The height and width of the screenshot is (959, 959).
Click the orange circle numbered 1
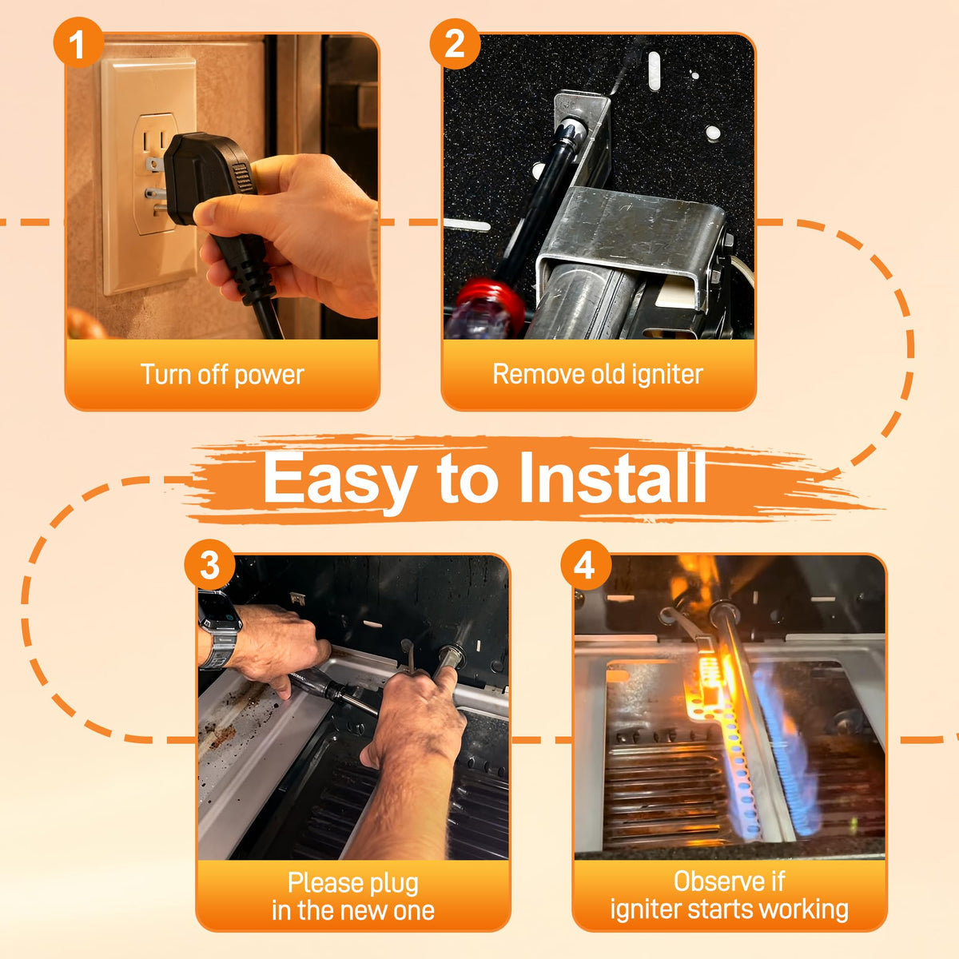[x=78, y=43]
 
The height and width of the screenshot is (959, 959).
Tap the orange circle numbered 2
[x=455, y=44]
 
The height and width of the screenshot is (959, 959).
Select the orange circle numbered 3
[x=209, y=565]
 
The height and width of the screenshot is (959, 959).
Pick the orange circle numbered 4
[x=586, y=565]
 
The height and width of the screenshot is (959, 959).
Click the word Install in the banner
[x=612, y=478]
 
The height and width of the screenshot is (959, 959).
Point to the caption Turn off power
[x=222, y=375]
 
